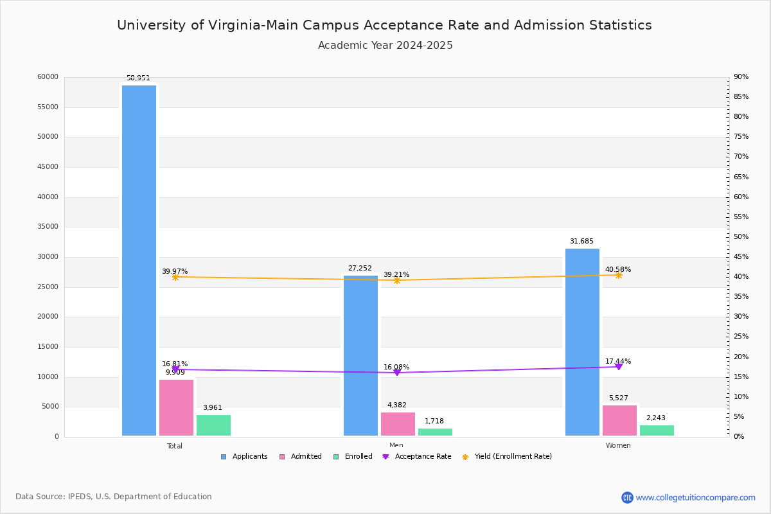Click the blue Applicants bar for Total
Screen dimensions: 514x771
[139, 260]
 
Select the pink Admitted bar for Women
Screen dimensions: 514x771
[619, 421]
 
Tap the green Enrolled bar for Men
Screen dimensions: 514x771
[435, 432]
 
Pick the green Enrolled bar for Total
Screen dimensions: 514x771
[213, 425]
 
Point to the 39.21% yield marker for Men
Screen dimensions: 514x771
[397, 280]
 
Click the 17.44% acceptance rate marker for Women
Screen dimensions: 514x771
[619, 366]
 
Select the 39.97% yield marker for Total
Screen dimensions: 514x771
[175, 277]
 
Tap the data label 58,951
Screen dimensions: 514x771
[138, 78]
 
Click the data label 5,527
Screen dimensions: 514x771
[619, 398]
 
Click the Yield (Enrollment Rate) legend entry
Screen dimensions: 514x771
[507, 457]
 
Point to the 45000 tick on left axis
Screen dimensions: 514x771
[48, 167]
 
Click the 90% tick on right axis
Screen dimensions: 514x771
[741, 77]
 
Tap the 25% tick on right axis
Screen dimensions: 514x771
[741, 337]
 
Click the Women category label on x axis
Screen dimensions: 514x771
[618, 446]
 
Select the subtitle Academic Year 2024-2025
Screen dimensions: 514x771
[385, 46]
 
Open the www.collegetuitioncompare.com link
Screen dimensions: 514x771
[695, 497]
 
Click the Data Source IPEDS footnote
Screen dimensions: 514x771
[114, 497]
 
